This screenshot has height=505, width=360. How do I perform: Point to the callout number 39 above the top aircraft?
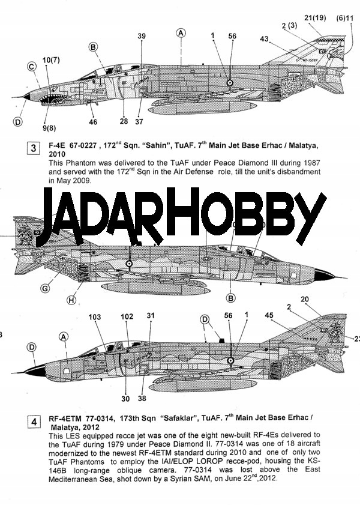142,37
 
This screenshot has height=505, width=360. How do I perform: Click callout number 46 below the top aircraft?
93,122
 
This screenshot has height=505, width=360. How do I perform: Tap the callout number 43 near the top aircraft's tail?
265,39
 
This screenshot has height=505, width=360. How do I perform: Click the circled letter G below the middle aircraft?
45,289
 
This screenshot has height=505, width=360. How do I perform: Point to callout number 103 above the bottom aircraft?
94,316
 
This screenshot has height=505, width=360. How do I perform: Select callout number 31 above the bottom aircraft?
151,315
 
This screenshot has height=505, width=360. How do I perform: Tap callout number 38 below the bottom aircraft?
142,398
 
